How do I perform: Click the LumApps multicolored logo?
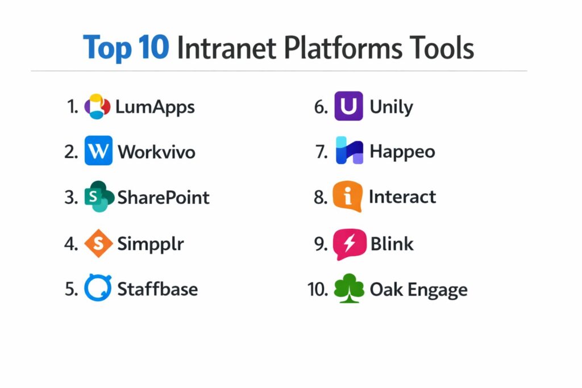click(97, 106)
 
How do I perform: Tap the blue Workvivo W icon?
click(98, 150)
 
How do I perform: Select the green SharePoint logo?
click(99, 196)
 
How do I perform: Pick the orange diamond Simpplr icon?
click(98, 243)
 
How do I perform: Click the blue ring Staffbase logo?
click(98, 287)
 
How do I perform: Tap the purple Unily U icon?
click(348, 106)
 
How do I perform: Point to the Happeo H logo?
click(350, 150)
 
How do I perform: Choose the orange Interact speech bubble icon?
click(348, 196)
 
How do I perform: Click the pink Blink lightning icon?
click(350, 244)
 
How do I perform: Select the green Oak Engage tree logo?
click(349, 288)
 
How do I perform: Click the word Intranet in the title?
click(227, 48)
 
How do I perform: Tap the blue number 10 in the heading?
click(153, 47)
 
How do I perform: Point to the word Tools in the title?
click(441, 48)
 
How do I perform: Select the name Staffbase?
click(157, 289)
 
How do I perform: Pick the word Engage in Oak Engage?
click(438, 290)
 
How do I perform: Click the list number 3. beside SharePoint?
click(71, 197)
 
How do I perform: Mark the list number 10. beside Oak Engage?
click(318, 289)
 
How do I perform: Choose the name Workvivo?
click(157, 152)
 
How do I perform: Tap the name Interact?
click(402, 197)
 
